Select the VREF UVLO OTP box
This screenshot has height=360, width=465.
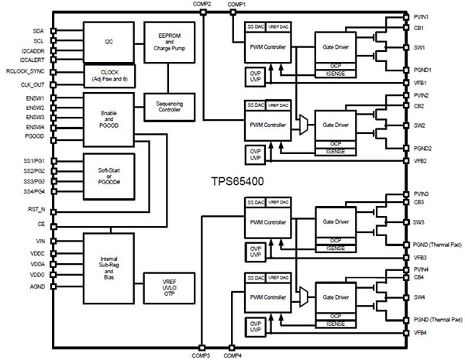pyautogui.click(x=170, y=288)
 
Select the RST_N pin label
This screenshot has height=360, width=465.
pyautogui.click(x=36, y=209)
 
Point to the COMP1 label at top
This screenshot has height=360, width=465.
pyautogui.click(x=236, y=5)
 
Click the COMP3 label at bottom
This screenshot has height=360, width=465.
pyautogui.click(x=201, y=355)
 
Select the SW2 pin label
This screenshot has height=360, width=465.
pyautogui.click(x=420, y=125)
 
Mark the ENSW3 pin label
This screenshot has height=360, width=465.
pyautogui.click(x=33, y=117)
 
